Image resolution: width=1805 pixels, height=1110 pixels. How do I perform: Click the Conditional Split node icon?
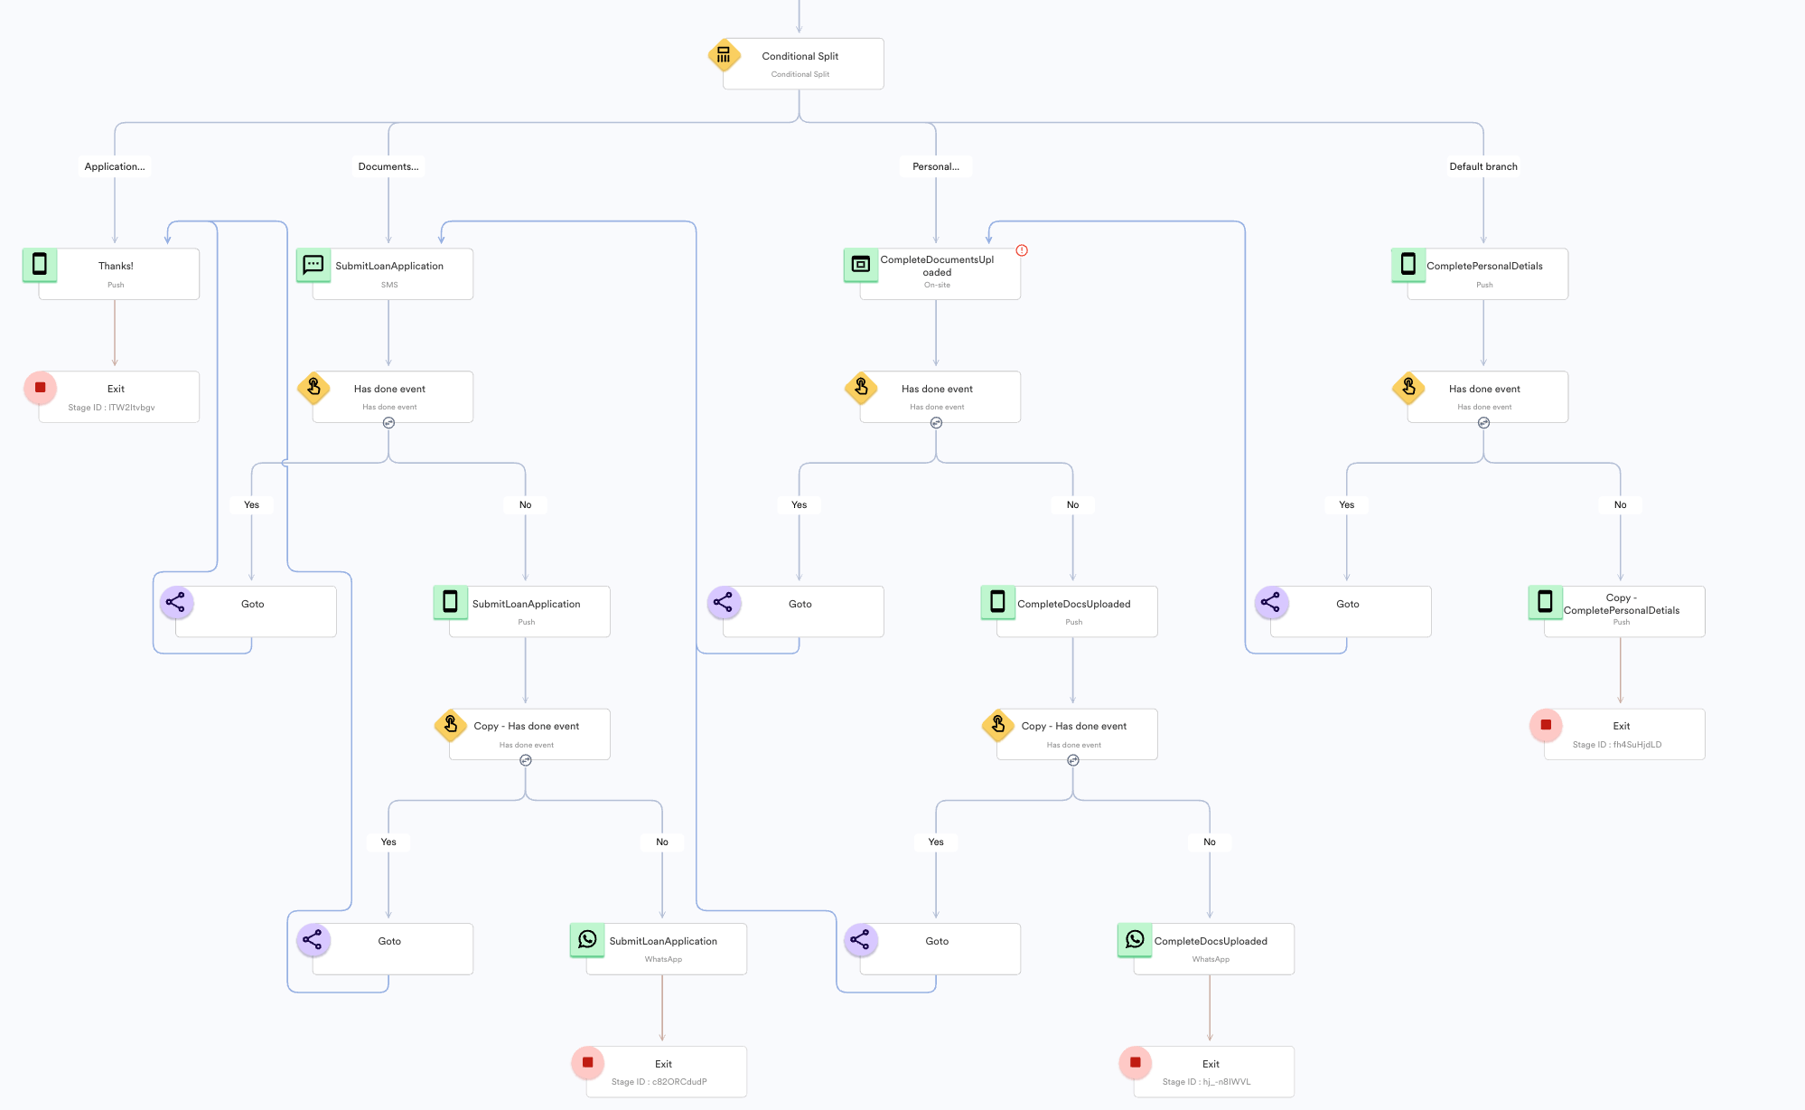[724, 55]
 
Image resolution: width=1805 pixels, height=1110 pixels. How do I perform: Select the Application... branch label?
[115, 166]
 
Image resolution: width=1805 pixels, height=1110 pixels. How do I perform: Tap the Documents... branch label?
[388, 166]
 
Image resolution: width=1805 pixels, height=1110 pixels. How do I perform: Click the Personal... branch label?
[936, 166]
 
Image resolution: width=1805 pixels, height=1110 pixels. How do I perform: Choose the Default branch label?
[1483, 166]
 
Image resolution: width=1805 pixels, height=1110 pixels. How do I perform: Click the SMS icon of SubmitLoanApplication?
[313, 264]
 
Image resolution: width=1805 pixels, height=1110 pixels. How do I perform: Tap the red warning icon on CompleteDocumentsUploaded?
[1022, 250]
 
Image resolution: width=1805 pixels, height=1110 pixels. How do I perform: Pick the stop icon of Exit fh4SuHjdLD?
[1546, 725]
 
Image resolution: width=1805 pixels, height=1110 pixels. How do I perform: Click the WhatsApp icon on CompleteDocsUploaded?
[1135, 940]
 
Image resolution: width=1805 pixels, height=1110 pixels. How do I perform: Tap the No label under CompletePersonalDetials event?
[1620, 504]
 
